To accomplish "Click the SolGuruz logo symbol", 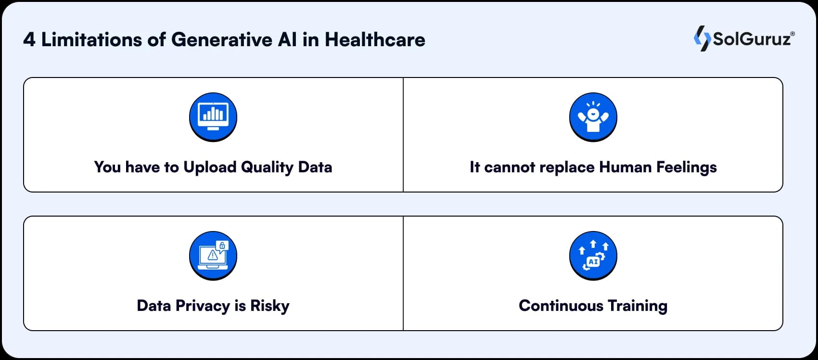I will coord(702,39).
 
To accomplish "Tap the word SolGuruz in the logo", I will coord(752,39).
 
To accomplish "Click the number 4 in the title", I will coord(29,40).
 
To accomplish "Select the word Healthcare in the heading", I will coord(375,40).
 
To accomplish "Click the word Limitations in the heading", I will coord(92,40).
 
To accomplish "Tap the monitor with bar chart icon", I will coord(213,116).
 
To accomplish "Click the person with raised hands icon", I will coord(593,116).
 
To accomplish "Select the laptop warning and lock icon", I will coord(213,255).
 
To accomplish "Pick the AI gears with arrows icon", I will coord(593,255).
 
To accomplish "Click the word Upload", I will coord(210,167).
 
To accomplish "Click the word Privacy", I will coord(203,306).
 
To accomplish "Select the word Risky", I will coord(269,306).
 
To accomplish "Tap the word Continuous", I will coord(561,306).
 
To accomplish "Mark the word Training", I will coord(637,306).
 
